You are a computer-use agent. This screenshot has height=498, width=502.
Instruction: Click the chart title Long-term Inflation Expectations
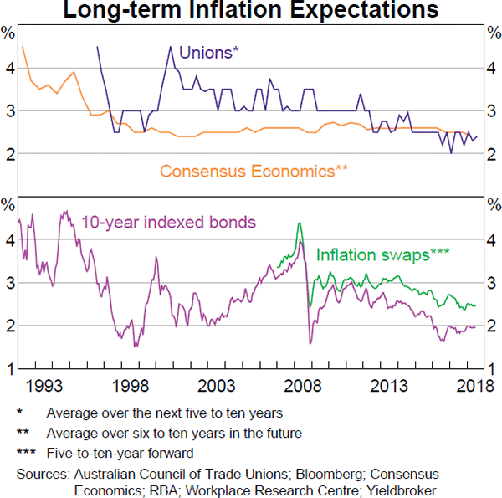pyautogui.click(x=251, y=11)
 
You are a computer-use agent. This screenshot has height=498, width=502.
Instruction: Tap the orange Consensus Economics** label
pyautogui.click(x=254, y=172)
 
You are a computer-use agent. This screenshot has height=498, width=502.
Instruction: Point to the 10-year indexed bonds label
pyautogui.click(x=169, y=222)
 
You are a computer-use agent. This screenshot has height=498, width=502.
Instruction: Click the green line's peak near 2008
pyautogui.click(x=299, y=223)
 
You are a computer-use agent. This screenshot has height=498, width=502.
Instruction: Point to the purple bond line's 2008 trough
pyautogui.click(x=310, y=343)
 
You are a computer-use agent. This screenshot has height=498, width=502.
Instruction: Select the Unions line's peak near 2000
pyautogui.click(x=171, y=47)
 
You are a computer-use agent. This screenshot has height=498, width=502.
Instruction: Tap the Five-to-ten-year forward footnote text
pyautogui.click(x=120, y=453)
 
